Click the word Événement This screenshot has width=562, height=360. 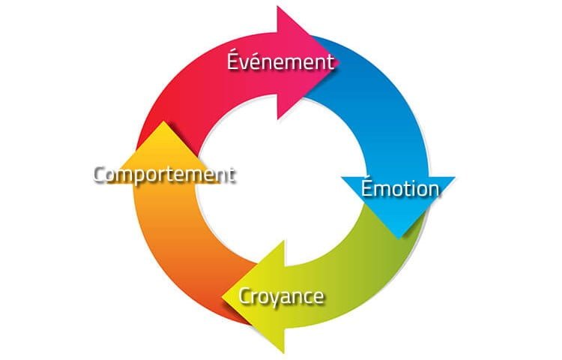pos(281,61)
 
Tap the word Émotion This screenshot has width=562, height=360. pos(400,187)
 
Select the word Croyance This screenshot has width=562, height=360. pos(281,297)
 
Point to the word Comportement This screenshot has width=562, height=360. pos(164,175)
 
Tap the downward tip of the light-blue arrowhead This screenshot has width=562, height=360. pos(398,238)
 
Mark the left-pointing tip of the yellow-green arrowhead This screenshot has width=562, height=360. pos(223,296)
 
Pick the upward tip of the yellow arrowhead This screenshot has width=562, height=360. pos(163,121)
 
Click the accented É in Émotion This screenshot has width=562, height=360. pos(366,187)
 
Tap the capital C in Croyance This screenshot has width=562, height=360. pos(244,296)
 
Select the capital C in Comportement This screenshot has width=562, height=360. pos(99,175)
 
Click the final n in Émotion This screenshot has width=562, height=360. pos(433,190)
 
